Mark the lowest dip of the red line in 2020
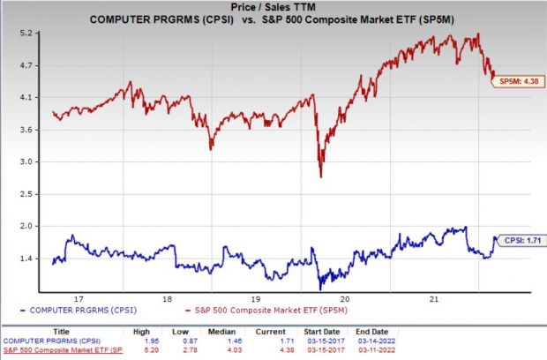tap(321, 176)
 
